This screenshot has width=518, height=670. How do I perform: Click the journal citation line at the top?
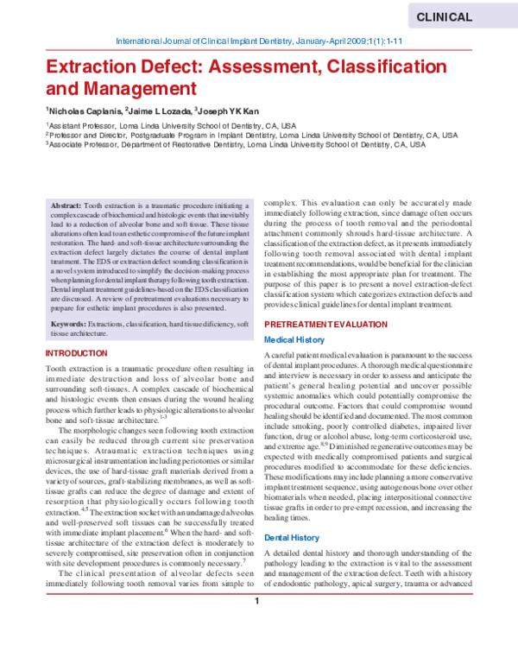(260, 41)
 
